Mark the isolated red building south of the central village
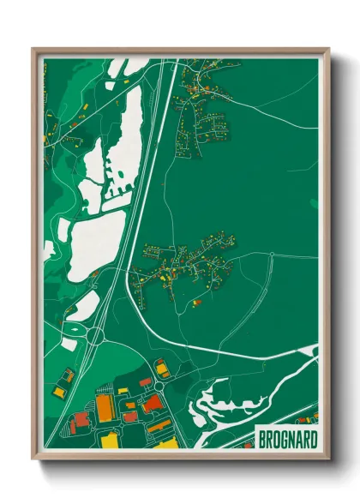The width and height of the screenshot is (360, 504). pos(196,301)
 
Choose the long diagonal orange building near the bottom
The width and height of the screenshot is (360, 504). pos(159,425)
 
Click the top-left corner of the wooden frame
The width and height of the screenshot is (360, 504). pos(34,50)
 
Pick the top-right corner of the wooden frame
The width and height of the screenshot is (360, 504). pos(327,50)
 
